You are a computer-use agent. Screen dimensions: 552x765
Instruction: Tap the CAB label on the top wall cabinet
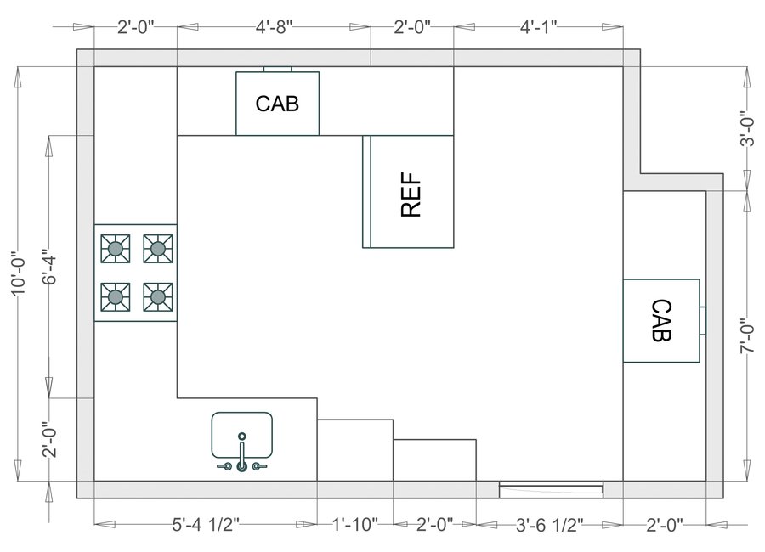pos(277,104)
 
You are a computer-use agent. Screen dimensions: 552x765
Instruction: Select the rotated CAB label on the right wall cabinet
pos(661,320)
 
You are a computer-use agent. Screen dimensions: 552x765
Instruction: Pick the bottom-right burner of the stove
pos(157,296)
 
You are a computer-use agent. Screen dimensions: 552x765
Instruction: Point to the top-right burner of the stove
pos(157,248)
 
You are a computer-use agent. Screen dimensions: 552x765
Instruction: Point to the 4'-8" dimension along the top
pos(274,27)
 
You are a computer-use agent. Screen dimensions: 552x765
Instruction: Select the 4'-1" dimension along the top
pos(538,27)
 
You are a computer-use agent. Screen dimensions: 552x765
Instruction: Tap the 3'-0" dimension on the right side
pos(747,129)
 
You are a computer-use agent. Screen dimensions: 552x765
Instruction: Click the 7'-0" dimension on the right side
pos(747,336)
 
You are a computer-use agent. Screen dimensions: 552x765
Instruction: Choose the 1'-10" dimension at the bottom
pos(354,526)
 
